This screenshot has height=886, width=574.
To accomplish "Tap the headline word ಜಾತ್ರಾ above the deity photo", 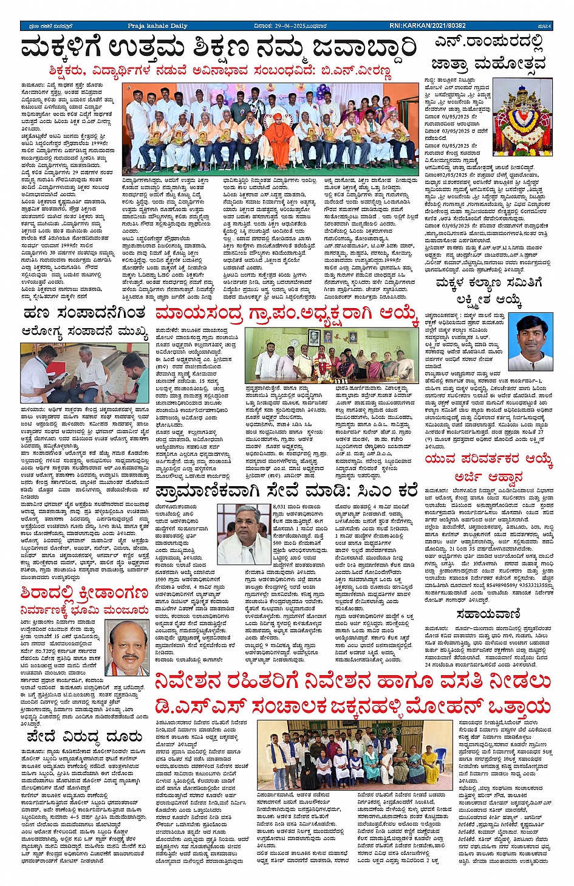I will [x=450, y=64].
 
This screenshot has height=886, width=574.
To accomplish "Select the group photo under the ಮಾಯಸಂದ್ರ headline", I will [x=330, y=355].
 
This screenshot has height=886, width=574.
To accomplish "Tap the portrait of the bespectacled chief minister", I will [x=243, y=529].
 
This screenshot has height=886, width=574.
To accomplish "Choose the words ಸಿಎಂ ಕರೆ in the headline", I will [x=388, y=489].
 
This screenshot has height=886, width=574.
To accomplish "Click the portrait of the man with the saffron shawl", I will [x=127, y=648].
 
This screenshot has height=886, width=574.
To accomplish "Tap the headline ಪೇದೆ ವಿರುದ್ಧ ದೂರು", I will [x=84, y=737].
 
